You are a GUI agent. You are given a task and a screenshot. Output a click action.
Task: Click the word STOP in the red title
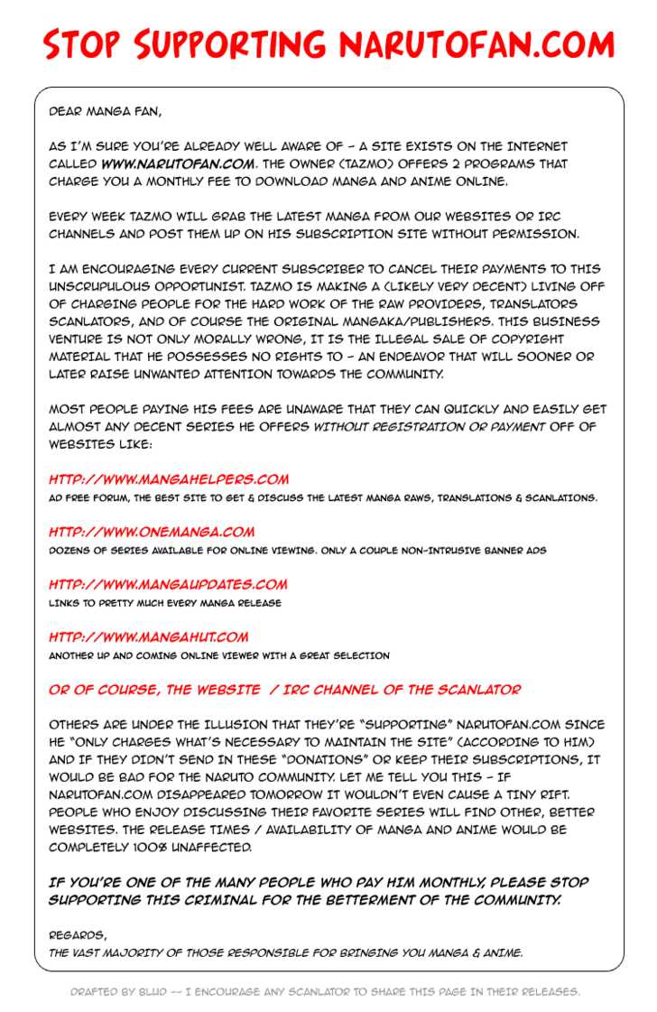click(81, 44)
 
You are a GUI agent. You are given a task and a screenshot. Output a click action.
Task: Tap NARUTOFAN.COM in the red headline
click(477, 44)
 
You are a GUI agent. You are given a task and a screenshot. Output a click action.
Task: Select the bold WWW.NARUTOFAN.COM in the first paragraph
click(178, 164)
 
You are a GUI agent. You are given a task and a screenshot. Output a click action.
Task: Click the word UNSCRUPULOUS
click(104, 286)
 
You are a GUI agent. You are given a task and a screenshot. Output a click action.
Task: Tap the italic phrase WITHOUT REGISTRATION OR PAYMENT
click(429, 427)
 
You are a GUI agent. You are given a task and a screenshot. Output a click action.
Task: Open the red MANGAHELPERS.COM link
click(169, 479)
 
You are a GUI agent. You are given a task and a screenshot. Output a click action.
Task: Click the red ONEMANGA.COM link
click(152, 532)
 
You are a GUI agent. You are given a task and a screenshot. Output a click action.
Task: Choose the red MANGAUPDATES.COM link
click(168, 584)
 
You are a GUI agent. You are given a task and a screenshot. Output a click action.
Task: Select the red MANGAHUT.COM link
click(148, 636)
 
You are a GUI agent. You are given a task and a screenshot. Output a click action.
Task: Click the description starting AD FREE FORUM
click(322, 497)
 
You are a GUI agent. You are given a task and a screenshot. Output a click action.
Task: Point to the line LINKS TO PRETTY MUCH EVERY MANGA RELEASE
click(165, 602)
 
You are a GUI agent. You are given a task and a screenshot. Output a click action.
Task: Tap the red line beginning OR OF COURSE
click(284, 690)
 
